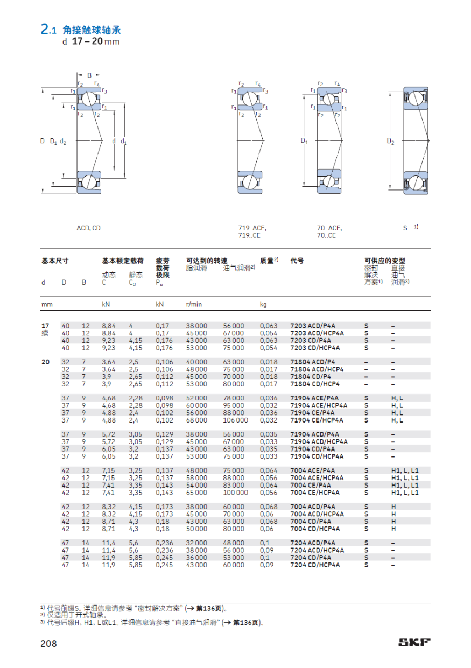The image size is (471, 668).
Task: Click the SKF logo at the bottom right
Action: (x=414, y=642)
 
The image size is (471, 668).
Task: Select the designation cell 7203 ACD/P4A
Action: (x=313, y=326)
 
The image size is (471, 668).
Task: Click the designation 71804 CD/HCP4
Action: (x=315, y=384)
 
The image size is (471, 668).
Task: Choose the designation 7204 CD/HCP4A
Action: (x=315, y=565)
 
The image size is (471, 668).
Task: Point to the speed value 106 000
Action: (x=236, y=420)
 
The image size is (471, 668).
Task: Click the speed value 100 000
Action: (x=236, y=493)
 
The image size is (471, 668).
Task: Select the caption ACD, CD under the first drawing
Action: (x=88, y=228)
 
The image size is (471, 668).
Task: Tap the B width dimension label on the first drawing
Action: (x=89, y=75)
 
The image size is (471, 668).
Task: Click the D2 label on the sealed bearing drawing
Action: (x=390, y=141)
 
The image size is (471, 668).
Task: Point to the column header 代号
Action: (x=297, y=261)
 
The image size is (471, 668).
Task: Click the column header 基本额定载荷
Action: (x=123, y=261)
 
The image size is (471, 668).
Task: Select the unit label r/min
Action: (x=194, y=305)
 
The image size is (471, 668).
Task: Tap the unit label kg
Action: (x=263, y=305)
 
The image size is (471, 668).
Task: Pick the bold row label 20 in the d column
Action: (x=45, y=362)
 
